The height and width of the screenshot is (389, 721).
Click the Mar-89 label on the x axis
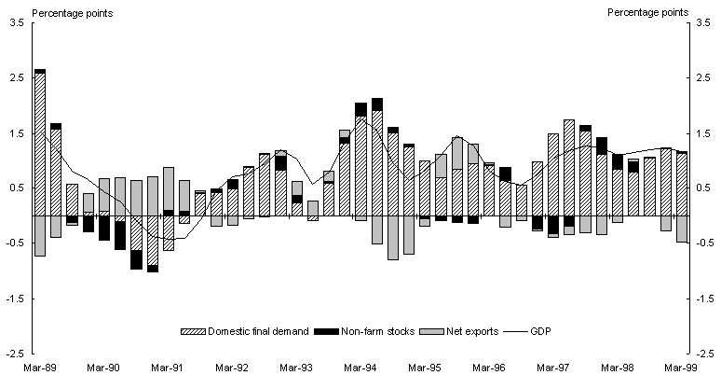coord(39,368)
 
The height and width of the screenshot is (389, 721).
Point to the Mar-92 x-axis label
coord(233,368)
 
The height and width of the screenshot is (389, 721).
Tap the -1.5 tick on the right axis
coord(700,299)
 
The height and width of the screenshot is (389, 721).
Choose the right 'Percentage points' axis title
coord(647,12)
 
